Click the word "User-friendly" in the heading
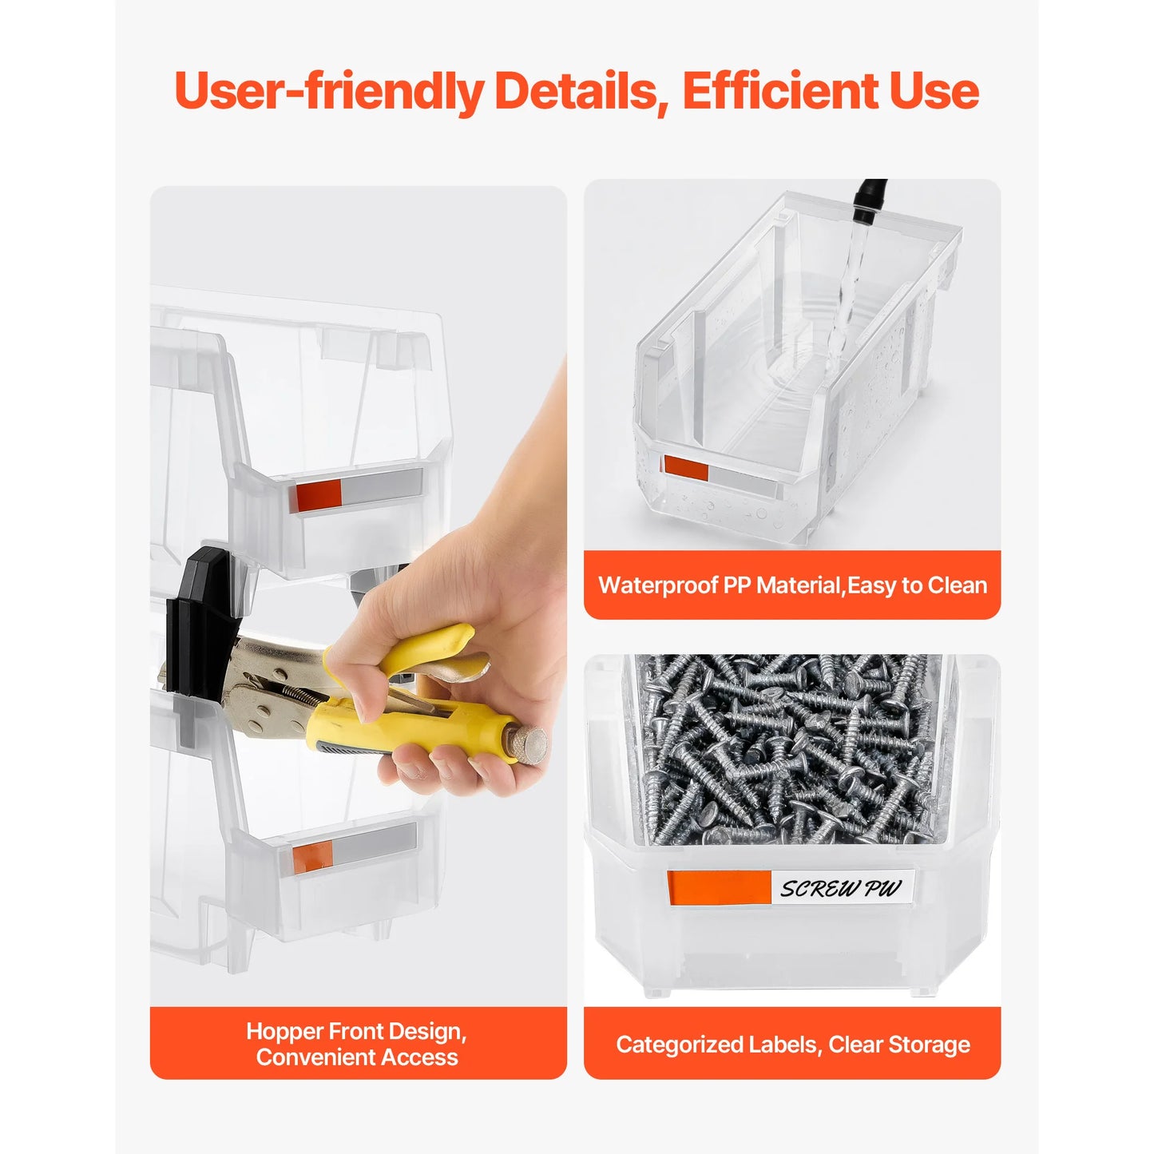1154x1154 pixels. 329,92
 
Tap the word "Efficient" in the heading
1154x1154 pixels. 780,90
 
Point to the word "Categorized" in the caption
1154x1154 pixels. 676,1045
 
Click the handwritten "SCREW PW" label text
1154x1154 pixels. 841,889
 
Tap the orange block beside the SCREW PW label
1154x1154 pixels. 720,887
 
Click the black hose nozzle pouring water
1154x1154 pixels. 870,200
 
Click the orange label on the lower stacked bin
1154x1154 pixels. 312,856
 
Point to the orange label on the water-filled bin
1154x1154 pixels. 686,468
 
